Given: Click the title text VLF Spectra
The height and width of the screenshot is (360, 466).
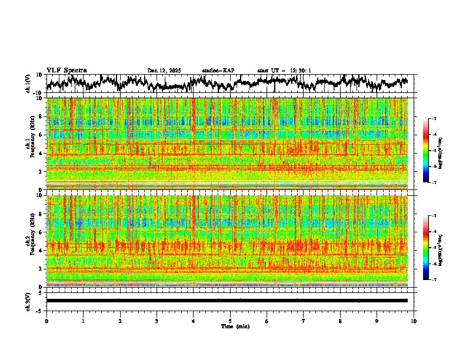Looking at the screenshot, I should [x=66, y=70].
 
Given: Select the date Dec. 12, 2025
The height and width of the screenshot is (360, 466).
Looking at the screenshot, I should [x=164, y=71].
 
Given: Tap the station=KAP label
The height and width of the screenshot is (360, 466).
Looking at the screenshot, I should [x=218, y=71].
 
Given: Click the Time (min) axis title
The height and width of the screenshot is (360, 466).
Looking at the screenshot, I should [x=235, y=326].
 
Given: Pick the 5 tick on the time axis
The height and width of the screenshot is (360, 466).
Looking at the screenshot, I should [x=230, y=321].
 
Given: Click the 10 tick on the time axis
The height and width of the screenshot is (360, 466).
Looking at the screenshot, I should [x=414, y=321].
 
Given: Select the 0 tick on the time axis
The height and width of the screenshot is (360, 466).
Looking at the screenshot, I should [x=46, y=321].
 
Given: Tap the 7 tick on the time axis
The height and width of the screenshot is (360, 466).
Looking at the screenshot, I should [x=304, y=321].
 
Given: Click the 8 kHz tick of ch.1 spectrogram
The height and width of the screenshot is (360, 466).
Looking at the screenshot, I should [x=40, y=116].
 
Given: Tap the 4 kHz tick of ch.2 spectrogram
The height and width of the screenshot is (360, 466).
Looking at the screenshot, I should [x=40, y=250].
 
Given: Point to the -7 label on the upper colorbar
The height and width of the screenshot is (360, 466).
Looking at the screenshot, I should [x=434, y=182].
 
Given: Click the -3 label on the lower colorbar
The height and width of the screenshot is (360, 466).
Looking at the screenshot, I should [x=434, y=216].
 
